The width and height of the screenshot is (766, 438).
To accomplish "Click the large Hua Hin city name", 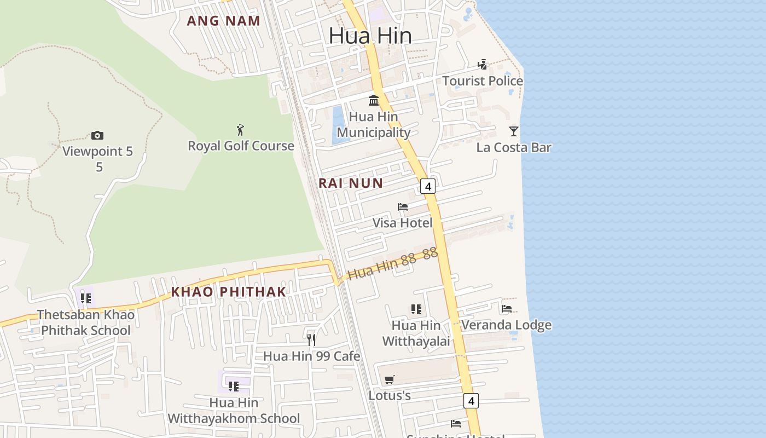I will (370, 36).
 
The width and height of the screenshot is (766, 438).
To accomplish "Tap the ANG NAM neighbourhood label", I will (223, 21).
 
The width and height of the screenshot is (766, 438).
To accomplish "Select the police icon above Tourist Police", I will (482, 65).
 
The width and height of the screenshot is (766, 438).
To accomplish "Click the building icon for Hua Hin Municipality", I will (374, 100).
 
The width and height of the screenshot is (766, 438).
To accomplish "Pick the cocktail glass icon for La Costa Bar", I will (513, 131).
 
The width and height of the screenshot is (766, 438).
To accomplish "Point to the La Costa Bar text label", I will (514, 147).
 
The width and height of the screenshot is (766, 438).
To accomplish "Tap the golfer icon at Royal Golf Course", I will (240, 130).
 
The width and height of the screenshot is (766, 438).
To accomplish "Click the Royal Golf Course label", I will (241, 146).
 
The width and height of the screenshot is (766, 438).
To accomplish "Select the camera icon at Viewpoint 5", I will (97, 135).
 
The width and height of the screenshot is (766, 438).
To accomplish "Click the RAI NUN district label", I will (351, 183).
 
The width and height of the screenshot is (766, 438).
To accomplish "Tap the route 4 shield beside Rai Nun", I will (428, 187).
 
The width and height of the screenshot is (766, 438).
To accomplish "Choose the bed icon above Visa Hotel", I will (403, 207).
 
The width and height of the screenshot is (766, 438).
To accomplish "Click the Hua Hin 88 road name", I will (382, 266).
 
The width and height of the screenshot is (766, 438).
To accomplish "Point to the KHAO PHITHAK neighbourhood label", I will (229, 292).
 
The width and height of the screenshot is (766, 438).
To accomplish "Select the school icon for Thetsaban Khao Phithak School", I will (86, 298).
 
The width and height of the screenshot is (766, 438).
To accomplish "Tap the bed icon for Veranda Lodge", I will (507, 309).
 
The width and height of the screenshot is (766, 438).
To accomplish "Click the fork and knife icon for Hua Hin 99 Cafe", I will (311, 340).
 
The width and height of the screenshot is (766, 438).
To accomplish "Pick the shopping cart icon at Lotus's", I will (390, 379).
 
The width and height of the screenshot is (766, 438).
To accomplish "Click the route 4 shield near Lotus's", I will (471, 401).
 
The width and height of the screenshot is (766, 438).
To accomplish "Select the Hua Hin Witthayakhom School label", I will (234, 411).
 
